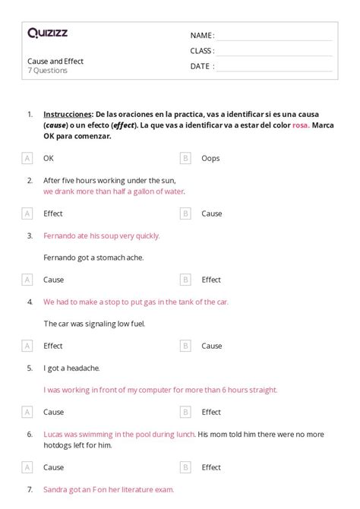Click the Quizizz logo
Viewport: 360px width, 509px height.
click(47, 33)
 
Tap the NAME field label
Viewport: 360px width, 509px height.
click(201, 36)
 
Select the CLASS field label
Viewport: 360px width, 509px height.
click(202, 51)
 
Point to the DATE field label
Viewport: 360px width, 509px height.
click(201, 66)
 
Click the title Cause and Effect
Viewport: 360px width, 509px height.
click(55, 61)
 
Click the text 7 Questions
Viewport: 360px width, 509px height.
click(47, 71)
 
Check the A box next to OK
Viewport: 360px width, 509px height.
click(27, 158)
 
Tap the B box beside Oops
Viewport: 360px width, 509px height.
click(185, 158)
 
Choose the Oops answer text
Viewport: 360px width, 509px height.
click(210, 158)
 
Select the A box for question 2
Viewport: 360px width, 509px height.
click(27, 213)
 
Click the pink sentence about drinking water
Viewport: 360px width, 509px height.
click(114, 191)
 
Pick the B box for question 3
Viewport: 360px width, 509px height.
click(185, 280)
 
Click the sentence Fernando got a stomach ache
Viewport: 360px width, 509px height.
click(93, 258)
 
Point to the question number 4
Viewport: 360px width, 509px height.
click(30, 302)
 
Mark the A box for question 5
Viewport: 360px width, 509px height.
click(27, 412)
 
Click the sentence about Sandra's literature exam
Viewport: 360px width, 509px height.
click(109, 490)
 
